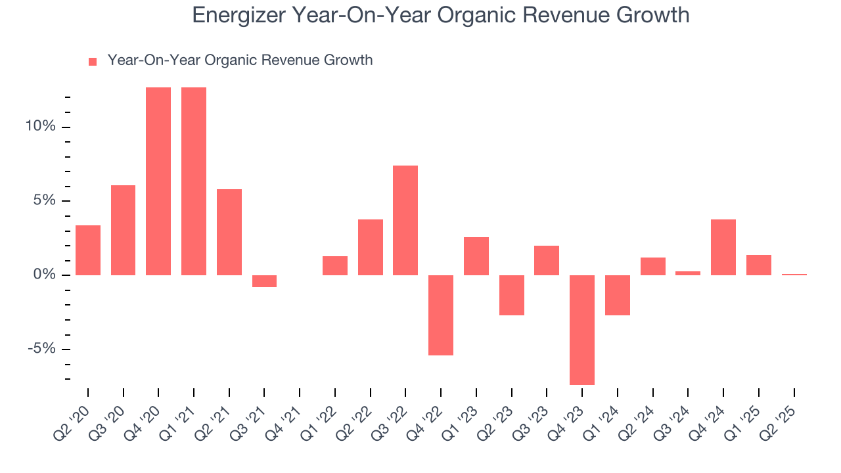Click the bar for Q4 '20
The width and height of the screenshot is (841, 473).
pos(158,181)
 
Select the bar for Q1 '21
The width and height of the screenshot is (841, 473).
pos(194,181)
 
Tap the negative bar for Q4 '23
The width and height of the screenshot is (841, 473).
pos(582,330)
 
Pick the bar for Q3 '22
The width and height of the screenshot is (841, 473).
pos(405,220)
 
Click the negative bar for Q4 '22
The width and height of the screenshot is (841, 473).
pos(441,315)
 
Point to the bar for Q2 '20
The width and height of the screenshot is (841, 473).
pos(88,250)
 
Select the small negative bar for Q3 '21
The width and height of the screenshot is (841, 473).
pos(264,281)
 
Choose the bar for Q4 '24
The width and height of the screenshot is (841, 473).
pos(723,247)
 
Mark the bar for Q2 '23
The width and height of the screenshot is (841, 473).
pos(511,295)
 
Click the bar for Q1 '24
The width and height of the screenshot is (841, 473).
pos(618,295)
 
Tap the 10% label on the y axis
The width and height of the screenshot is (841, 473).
pos(40,127)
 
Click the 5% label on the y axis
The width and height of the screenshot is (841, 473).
pos(44,201)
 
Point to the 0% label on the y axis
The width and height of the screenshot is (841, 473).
pos(44,275)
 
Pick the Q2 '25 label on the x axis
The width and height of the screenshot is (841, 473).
pos(781,413)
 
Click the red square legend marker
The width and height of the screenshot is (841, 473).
pos(93,62)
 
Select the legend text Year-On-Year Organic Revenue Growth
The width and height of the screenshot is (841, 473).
pos(240,60)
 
